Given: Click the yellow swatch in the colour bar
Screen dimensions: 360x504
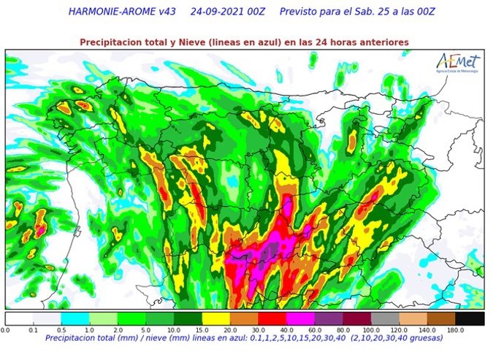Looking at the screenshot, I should coord(217,319).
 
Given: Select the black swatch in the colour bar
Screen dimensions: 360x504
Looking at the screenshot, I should coord(470,319).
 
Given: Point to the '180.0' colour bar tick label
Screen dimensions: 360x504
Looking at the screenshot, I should coord(456,330).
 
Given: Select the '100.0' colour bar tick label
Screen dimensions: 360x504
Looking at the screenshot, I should coord(370,330).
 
